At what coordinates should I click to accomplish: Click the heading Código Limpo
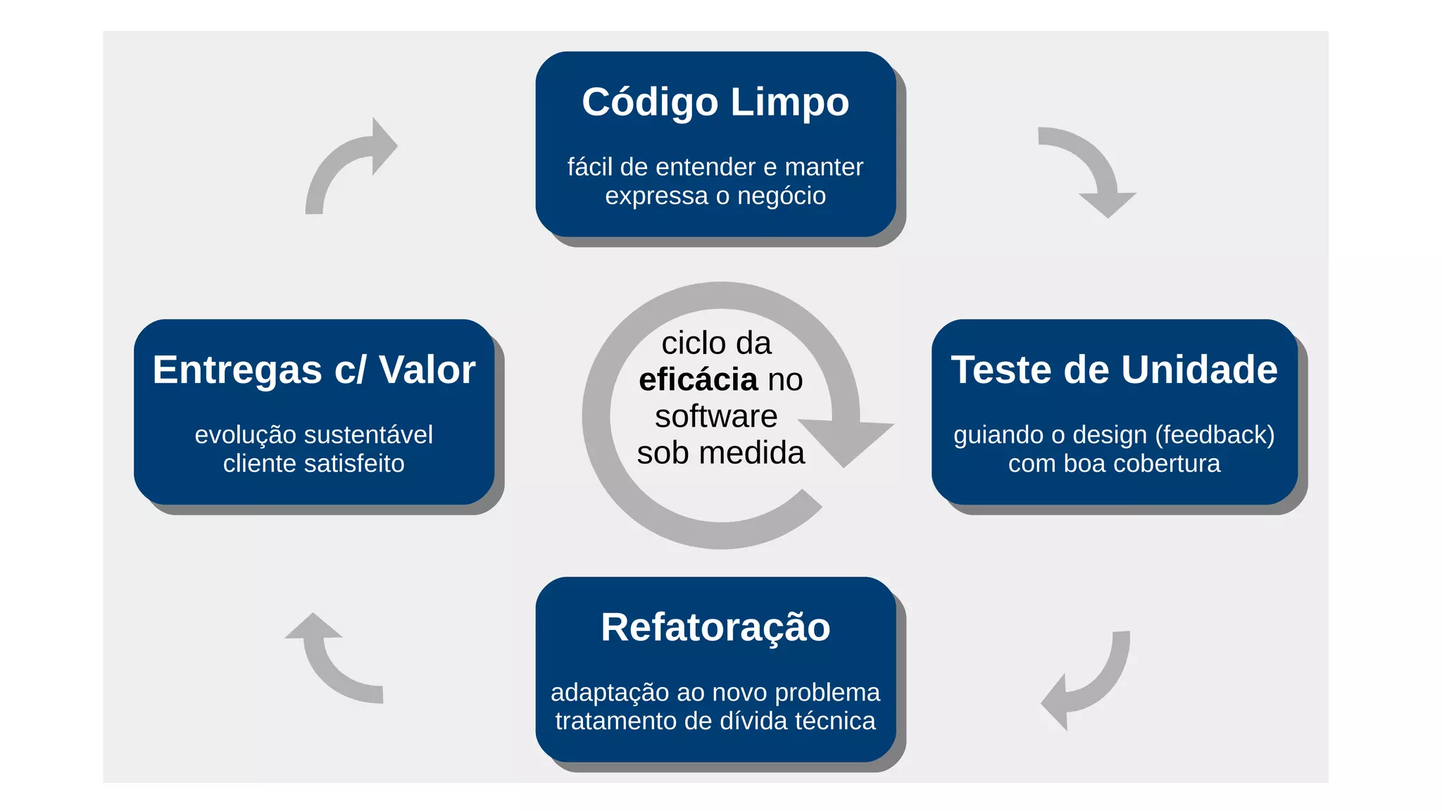715,103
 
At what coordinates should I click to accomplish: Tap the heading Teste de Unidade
1114,370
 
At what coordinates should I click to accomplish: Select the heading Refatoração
715,627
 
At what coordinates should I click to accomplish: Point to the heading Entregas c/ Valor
314,370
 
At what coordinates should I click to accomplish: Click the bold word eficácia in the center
698,380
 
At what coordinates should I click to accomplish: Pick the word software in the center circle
716,416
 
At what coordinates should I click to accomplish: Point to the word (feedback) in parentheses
1215,435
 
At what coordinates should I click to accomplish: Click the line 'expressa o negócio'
715,196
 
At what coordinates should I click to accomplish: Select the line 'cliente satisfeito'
314,464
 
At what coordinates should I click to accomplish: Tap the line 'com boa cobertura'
1114,464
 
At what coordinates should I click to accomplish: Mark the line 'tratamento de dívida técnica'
715,721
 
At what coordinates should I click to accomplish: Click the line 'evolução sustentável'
314,435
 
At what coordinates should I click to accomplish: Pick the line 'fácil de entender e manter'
715,167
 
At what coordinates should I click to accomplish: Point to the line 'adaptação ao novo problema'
715,692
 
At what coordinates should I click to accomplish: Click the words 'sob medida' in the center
720,453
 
